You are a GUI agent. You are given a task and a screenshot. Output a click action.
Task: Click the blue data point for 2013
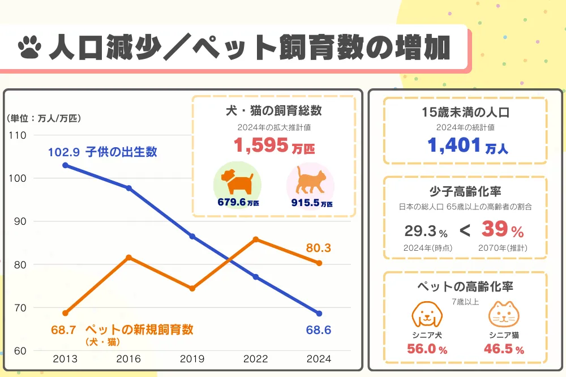pyautogui.click(x=65, y=165)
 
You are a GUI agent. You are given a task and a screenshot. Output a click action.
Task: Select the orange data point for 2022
pyautogui.click(x=256, y=239)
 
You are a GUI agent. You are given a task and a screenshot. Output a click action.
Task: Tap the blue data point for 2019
pyautogui.click(x=192, y=236)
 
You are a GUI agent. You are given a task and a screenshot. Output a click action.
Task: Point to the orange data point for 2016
pyautogui.click(x=128, y=257)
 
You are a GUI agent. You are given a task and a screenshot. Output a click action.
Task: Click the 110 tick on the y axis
pyautogui.click(x=18, y=135)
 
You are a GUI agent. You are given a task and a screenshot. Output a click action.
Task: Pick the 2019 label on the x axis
pyautogui.click(x=192, y=359)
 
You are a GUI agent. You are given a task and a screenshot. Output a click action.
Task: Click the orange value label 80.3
pyautogui.click(x=318, y=248)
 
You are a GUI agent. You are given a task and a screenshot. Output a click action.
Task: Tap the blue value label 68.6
pyautogui.click(x=318, y=329)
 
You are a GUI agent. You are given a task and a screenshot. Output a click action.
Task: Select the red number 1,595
pyautogui.click(x=261, y=145)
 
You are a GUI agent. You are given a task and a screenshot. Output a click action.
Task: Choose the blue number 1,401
pyautogui.click(x=453, y=145)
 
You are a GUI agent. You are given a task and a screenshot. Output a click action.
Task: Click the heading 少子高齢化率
pyautogui.click(x=465, y=191)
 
